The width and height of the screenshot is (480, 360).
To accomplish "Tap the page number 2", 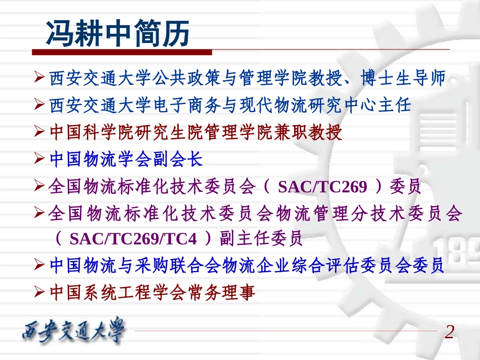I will [449, 332].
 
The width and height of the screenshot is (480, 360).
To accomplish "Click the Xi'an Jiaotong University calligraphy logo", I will [74, 332].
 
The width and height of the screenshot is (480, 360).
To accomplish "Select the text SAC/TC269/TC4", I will [133, 239].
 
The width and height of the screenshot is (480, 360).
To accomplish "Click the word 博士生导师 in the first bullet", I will [404, 79].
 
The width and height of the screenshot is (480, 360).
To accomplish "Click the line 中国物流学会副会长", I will [126, 160].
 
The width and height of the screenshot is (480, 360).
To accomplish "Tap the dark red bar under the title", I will [122, 52].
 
